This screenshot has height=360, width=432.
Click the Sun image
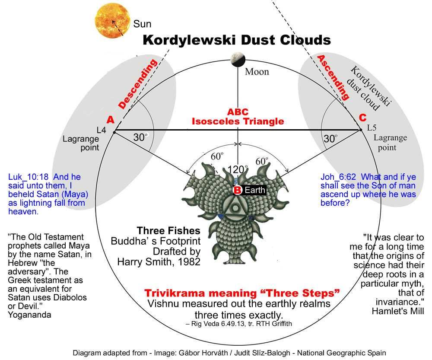tap(112, 21)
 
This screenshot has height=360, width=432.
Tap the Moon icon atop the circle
tap(238, 60)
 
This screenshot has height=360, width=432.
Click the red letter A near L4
tap(111, 120)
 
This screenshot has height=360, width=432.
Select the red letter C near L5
tap(362, 118)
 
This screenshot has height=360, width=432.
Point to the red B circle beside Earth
tap(237, 190)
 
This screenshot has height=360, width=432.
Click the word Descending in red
tap(137, 84)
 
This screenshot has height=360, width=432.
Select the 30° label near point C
tap(330, 138)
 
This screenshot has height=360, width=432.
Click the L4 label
tap(102, 130)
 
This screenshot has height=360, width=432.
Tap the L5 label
tap(372, 127)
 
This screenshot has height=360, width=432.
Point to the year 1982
tap(189, 261)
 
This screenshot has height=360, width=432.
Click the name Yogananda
tap(29, 315)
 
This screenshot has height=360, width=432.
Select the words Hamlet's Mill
tap(398, 311)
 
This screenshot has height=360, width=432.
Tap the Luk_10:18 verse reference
tap(28, 177)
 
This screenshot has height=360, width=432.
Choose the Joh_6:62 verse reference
tap(338, 177)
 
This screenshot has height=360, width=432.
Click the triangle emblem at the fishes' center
tap(235, 206)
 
